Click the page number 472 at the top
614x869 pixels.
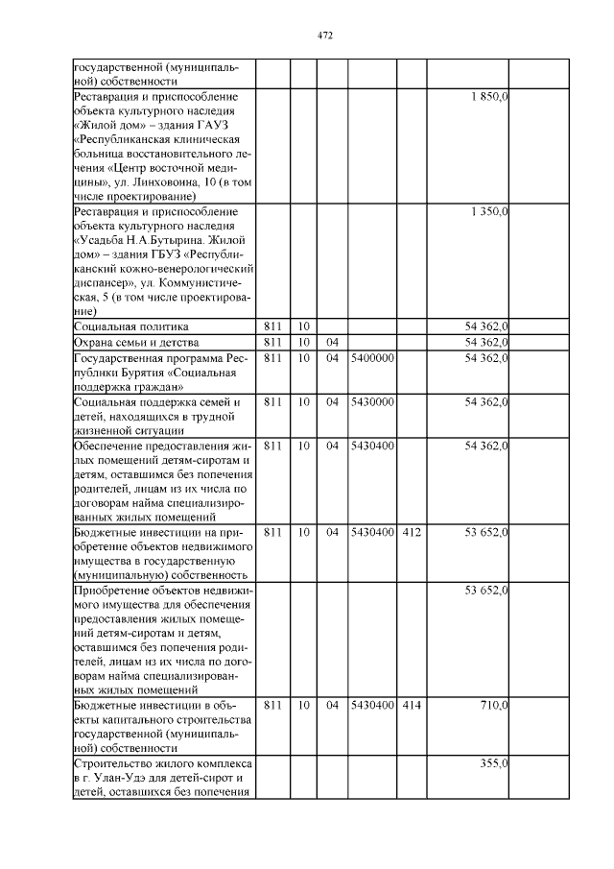[x=324, y=36]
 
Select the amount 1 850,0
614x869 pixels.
[x=489, y=98]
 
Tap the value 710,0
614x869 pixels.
[x=493, y=706]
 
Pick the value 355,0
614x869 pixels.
[x=493, y=763]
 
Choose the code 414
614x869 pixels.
[x=412, y=706]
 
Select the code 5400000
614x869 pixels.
[x=372, y=358]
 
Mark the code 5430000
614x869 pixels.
[x=372, y=401]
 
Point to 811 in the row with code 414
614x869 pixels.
[x=272, y=706]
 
